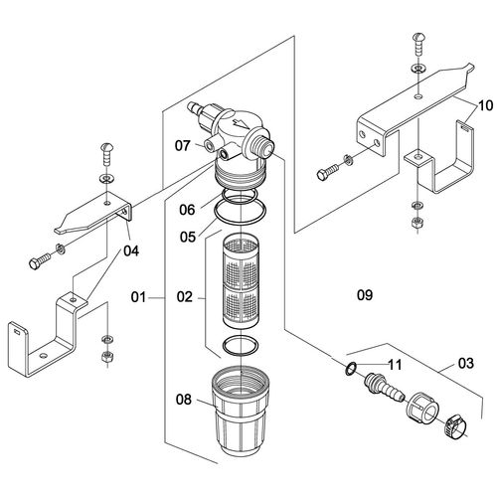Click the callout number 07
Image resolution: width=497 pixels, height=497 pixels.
tap(183, 146)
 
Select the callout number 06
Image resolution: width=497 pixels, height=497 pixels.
tap(187, 210)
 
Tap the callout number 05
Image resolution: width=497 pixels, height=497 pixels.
tap(188, 237)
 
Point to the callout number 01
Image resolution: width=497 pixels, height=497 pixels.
tap(138, 297)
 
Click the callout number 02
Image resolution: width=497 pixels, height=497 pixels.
tap(185, 297)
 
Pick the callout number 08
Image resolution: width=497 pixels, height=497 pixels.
tap(184, 400)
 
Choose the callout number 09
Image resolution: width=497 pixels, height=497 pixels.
tap(365, 295)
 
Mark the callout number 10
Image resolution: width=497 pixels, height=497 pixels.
tap(486, 106)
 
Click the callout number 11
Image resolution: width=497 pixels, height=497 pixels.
tap(395, 365)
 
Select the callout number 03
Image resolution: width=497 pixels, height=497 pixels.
tap(466, 364)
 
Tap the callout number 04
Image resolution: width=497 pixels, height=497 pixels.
tap(131, 250)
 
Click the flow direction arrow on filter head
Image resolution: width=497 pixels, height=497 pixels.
tap(242, 123)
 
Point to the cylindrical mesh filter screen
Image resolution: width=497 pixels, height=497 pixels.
tap(241, 281)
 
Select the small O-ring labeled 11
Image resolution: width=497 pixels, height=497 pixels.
tap(351, 369)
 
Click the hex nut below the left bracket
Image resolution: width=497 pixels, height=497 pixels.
tap(107, 357)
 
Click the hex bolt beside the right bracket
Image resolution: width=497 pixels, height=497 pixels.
tap(329, 172)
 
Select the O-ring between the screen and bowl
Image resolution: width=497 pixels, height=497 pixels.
tap(241, 347)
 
